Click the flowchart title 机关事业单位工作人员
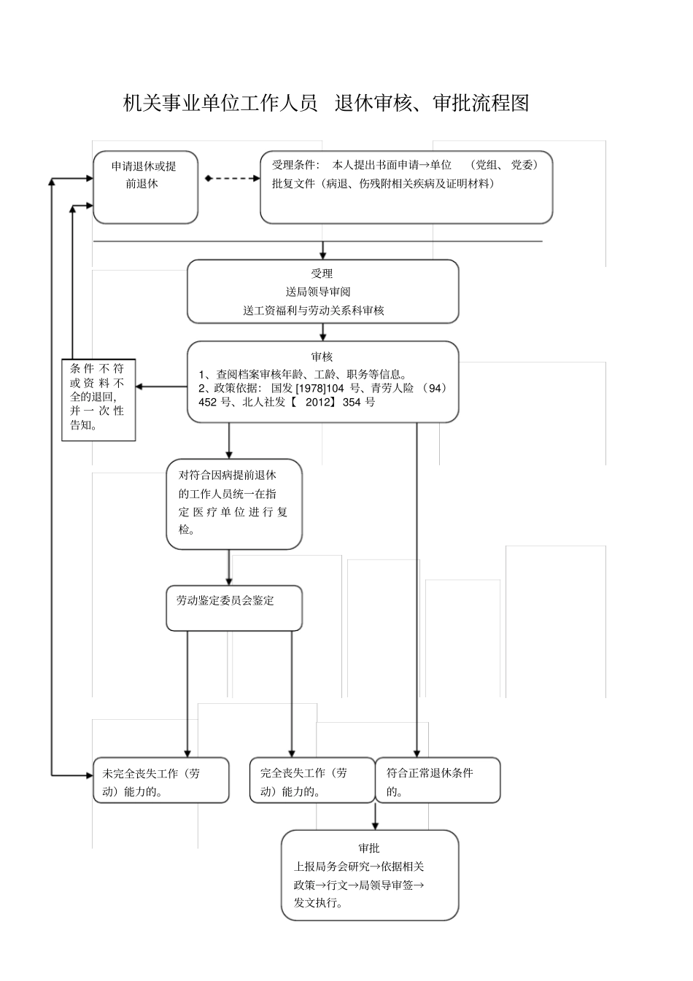coord(220,104)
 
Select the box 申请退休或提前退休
coord(144,187)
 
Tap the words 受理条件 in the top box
coord(295,166)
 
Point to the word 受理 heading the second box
coord(322,274)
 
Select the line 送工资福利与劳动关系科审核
coord(314,310)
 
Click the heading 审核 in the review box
coord(322,357)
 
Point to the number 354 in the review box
coord(352,402)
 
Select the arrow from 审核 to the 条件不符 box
coord(160,387)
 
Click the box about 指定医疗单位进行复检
coord(233,503)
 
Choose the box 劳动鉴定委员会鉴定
coord(233,608)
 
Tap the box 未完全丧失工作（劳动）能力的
coord(160,780)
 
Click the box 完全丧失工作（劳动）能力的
coord(311,780)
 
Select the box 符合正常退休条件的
coord(438,780)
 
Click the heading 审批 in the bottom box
coord(369,848)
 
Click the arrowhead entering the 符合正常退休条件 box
coord(417,753)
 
